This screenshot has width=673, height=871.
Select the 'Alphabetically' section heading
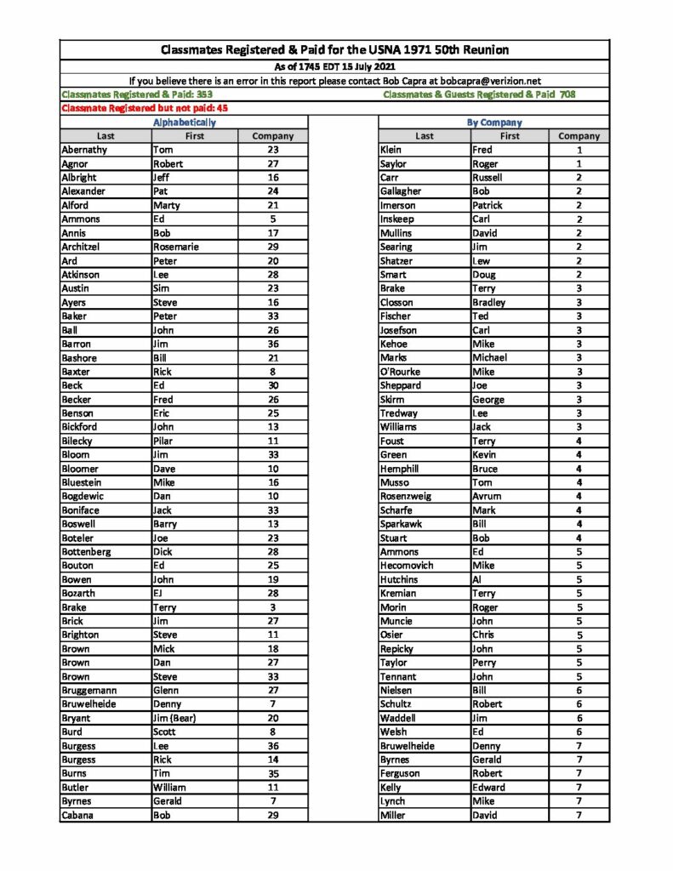tap(184, 122)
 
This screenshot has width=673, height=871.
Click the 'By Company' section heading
tap(494, 122)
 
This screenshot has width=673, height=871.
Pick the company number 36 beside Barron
tap(273, 344)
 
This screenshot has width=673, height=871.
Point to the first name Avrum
tap(487, 496)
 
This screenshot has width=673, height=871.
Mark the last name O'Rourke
tap(400, 372)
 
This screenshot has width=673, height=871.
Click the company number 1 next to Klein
tap(579, 150)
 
